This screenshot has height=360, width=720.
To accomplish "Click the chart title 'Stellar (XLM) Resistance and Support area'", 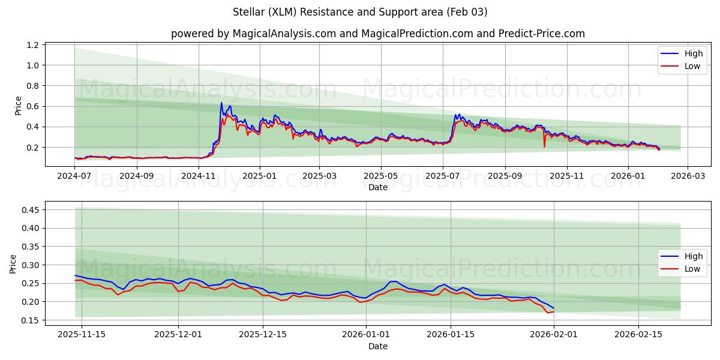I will coord(360,12).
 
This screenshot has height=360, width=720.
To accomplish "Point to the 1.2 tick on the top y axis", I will coord(33,45).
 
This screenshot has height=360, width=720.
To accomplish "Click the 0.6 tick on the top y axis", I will coord(33,106).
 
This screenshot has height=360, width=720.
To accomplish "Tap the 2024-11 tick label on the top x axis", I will coord(199,176).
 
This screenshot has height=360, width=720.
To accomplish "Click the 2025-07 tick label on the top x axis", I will coord(442,176).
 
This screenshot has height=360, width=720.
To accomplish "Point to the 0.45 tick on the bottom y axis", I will coord(30,210).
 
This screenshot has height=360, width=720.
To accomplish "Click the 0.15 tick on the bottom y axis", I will coord(30,320).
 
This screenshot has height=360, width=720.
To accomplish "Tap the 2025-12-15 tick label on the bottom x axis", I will coord(262,335).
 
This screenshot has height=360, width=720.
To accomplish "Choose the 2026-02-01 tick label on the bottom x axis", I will coord(554,335).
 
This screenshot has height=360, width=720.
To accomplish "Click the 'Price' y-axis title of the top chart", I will coord(18,106).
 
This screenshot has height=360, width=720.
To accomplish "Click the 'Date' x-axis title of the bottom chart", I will coord(377,346).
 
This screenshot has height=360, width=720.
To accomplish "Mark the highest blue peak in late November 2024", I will coord(221,103).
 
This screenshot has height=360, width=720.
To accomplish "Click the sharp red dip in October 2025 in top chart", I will coord(544,146).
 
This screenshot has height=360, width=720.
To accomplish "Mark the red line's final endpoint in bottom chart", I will coord(554,311).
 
